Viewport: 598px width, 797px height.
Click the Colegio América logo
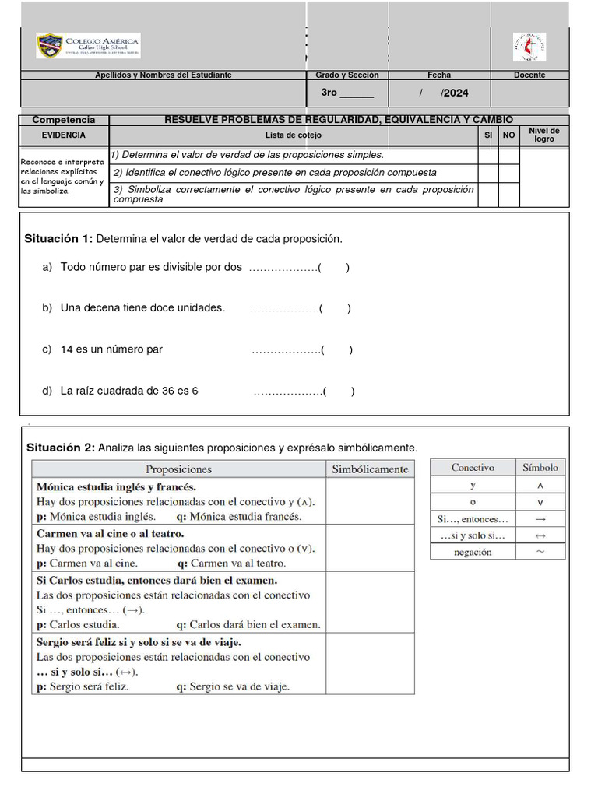88,46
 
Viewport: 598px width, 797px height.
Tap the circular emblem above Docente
529,47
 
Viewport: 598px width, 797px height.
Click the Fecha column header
439,75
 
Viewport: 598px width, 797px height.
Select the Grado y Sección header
347,75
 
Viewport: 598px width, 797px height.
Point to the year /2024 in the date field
455,93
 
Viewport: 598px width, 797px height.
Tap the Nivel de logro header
543,135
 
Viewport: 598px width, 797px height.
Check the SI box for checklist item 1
488,155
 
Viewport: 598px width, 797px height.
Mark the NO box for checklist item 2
508,173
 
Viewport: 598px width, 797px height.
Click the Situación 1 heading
59,238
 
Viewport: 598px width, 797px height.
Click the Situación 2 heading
60,448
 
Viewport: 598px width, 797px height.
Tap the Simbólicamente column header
370,469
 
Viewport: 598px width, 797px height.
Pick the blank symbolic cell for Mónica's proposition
370,501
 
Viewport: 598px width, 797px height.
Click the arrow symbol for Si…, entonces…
540,518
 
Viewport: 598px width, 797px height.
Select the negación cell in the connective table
473,552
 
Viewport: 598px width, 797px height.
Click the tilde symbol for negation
540,552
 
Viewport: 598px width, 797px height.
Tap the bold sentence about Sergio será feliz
139,642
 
